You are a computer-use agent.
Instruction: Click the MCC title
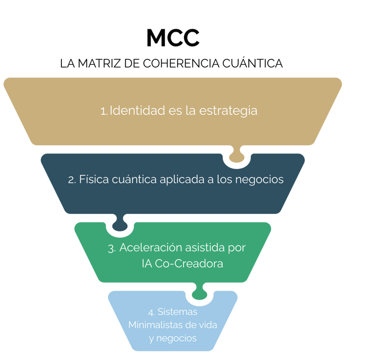(x=173, y=38)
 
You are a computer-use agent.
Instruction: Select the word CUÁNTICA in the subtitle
(x=258, y=64)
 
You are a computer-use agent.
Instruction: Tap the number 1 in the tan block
(x=103, y=111)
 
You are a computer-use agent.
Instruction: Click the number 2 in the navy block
(x=71, y=180)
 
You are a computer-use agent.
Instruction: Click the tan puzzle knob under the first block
(x=236, y=155)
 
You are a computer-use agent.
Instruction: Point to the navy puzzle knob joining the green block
(x=119, y=225)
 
